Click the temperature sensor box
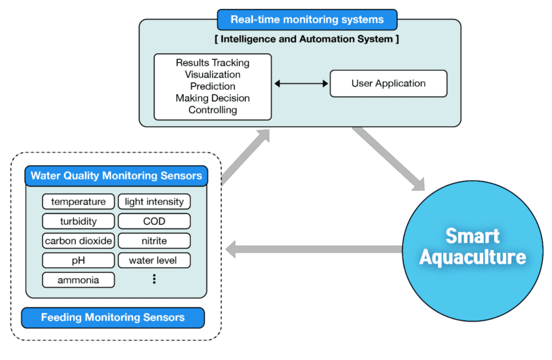coord(78,202)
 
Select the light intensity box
coord(154,202)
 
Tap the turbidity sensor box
coord(78,221)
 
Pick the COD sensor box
coord(154,221)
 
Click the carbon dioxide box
coord(78,241)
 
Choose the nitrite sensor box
coord(154,241)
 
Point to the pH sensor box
coord(78,260)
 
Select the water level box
coord(154,260)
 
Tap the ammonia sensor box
coord(78,280)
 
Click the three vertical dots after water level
coord(154,279)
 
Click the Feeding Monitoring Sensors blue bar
coord(113,317)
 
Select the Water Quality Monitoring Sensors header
coord(116,176)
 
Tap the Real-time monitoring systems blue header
coord(307,20)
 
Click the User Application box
coord(388,84)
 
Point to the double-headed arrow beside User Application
coord(301,84)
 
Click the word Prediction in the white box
coord(212,86)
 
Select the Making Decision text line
coord(212,98)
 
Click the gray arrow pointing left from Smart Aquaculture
coord(313,250)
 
